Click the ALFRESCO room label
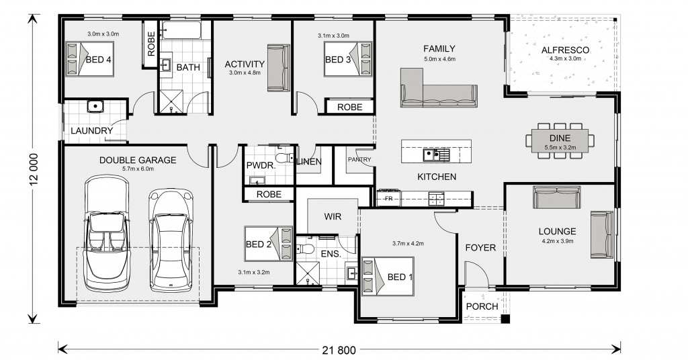[565, 50]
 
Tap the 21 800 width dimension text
[339, 349]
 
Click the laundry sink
[95, 106]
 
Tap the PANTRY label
[354, 160]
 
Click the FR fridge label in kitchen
[388, 199]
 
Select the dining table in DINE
[560, 140]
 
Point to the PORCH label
[482, 306]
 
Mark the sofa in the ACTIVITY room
[276, 67]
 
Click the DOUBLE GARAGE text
[138, 160]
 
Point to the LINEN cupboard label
[310, 161]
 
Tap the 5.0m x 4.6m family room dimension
[439, 59]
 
